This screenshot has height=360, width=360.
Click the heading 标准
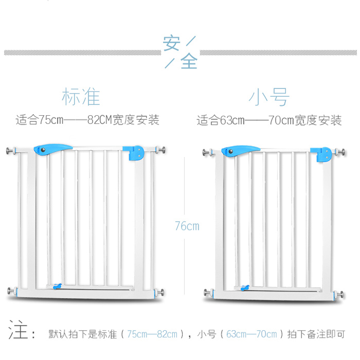coord(81,97)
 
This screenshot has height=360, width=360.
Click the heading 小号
coord(269,97)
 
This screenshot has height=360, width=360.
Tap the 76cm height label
coord(187,226)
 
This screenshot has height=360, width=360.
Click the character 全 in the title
coord(189,62)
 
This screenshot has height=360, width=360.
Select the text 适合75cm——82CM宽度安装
coord(87,120)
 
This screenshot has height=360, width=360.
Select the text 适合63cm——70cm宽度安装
coord(269,121)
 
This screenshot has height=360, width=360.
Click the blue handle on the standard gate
coord(50,149)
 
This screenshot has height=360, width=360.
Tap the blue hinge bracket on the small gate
coord(323,154)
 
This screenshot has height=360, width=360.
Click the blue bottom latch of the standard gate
coord(59,286)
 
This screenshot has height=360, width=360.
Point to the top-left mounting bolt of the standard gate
coord(11,151)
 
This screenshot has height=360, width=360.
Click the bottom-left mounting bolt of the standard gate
coord(11,291)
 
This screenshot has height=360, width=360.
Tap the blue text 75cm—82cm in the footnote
coord(153,334)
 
